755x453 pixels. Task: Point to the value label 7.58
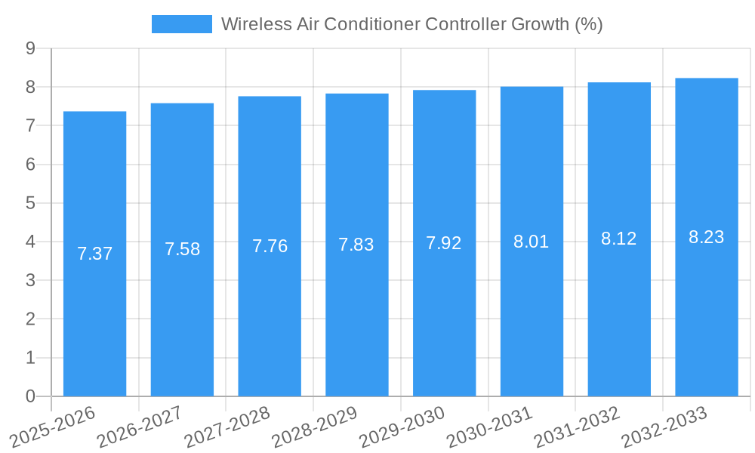pos(183,249)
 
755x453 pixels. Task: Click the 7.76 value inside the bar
pos(270,246)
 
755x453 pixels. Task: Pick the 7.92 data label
pos(444,243)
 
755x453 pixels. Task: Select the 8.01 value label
pos(532,242)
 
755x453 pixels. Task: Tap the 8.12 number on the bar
pos(619,239)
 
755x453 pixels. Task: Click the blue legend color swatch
pos(182,24)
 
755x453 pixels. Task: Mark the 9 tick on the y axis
pos(30,48)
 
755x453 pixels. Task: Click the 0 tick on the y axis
pos(30,396)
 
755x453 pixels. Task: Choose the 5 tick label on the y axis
pos(30,203)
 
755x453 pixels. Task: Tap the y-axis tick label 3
pos(30,280)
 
